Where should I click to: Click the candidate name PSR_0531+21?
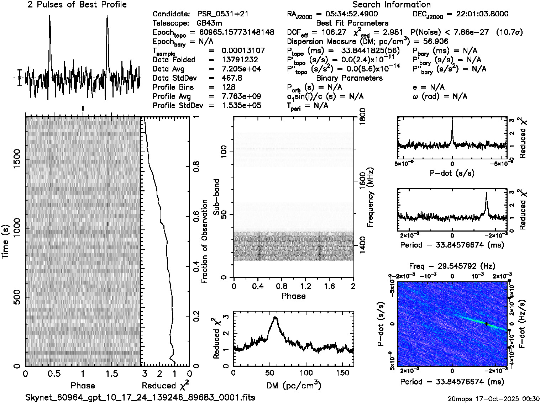[x=222, y=14]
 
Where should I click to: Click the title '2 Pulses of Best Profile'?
[x=77, y=5]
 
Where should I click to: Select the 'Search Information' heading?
[x=391, y=5]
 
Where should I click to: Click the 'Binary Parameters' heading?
[x=349, y=78]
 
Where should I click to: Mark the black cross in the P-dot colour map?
[x=486, y=324]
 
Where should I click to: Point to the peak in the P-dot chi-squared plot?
[x=452, y=121]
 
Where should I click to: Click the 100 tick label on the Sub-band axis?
[x=225, y=152]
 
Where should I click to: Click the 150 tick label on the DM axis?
[x=342, y=373]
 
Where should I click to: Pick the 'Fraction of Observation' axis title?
[x=205, y=241]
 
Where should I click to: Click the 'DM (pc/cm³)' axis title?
[x=293, y=386]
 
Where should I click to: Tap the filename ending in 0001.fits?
[x=140, y=397]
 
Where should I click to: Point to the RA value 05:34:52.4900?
[x=351, y=14]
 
